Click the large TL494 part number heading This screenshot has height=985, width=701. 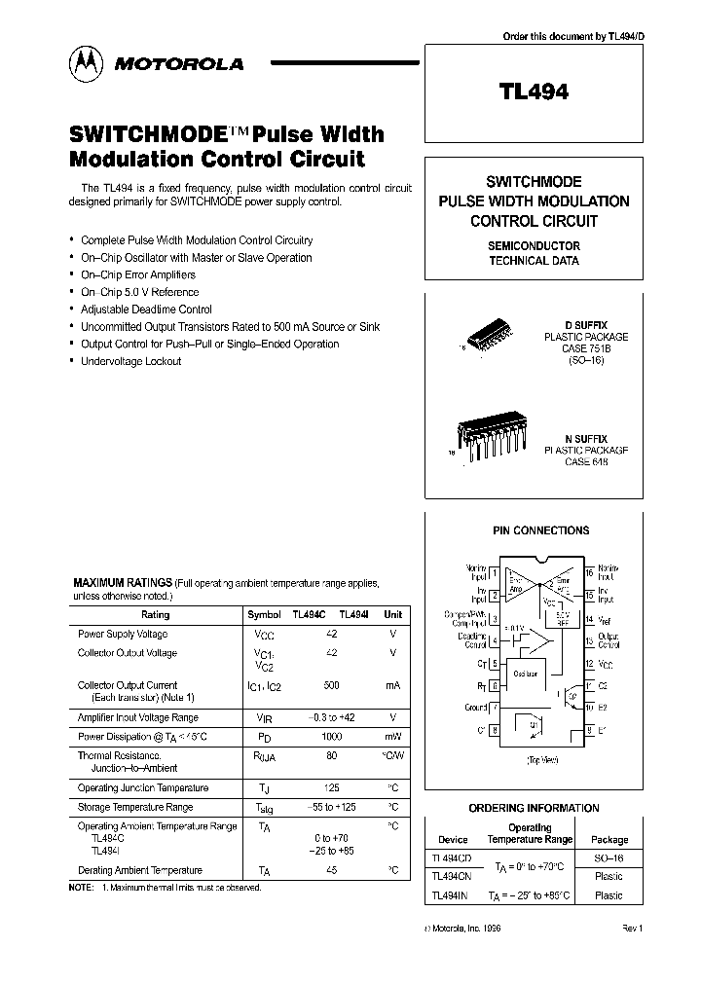[x=534, y=92]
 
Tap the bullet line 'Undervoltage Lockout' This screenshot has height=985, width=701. [x=130, y=361]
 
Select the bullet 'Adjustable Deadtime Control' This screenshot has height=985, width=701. [x=146, y=310]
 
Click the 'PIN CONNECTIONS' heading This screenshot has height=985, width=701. [x=540, y=530]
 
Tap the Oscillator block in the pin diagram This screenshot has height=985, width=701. [x=527, y=673]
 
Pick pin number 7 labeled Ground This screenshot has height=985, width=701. [x=495, y=708]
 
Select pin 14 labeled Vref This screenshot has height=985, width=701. [x=590, y=619]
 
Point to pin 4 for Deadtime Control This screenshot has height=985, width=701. [x=495, y=640]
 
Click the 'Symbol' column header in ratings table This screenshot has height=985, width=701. [x=264, y=615]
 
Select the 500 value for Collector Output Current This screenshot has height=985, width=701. [x=331, y=686]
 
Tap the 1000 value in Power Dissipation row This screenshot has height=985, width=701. [x=331, y=737]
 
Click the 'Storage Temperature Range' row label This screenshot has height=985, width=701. [x=134, y=807]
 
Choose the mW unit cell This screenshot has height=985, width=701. [x=392, y=737]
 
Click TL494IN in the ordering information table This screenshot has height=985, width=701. [x=451, y=895]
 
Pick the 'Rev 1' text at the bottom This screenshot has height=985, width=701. [x=633, y=930]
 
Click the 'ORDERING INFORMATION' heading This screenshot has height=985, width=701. [x=534, y=808]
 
